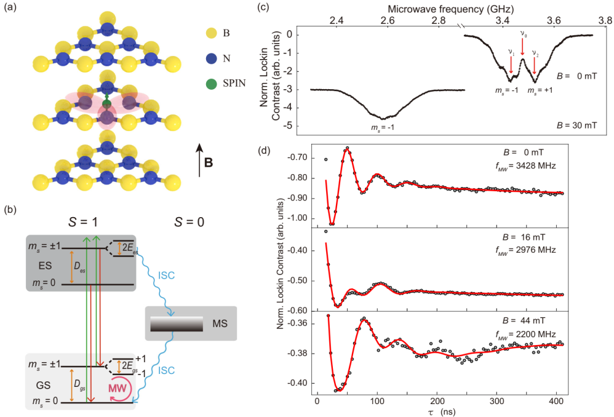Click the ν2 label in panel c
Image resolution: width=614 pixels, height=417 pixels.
tap(535, 52)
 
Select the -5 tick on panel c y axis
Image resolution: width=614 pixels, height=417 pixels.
tap(287, 126)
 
